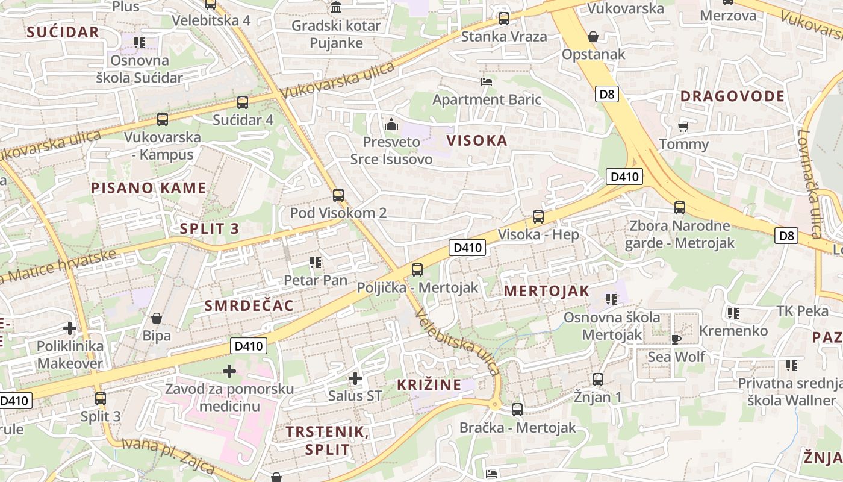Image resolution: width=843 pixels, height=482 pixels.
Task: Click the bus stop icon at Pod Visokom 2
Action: (338, 195)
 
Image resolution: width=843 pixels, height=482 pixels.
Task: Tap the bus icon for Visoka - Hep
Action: (538, 217)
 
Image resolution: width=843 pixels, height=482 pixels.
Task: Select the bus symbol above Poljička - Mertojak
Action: (417, 270)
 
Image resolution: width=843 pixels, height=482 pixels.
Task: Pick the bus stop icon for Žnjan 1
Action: (597, 380)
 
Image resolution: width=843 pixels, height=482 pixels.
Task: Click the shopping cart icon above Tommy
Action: (683, 127)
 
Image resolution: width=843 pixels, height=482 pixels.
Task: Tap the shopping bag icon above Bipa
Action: (157, 318)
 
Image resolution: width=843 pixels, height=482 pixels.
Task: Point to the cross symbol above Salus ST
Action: (355, 378)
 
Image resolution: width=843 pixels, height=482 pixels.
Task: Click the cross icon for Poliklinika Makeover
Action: (70, 328)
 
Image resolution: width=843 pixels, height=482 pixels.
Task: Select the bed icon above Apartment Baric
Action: (487, 81)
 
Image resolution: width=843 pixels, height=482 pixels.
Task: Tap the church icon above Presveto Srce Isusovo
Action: (391, 125)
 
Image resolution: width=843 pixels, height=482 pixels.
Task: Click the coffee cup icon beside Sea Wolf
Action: (676, 339)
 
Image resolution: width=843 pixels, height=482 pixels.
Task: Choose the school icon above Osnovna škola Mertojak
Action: (612, 299)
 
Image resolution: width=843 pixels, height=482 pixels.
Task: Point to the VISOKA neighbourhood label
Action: (477, 141)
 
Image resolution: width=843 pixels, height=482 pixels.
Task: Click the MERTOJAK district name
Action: (546, 291)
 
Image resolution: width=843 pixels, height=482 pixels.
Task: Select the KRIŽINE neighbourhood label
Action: (429, 384)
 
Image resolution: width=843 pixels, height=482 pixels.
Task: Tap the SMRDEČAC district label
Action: (249, 305)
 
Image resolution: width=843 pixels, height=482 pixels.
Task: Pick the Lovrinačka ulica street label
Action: (812, 184)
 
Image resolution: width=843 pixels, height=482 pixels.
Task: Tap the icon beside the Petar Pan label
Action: (314, 262)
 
